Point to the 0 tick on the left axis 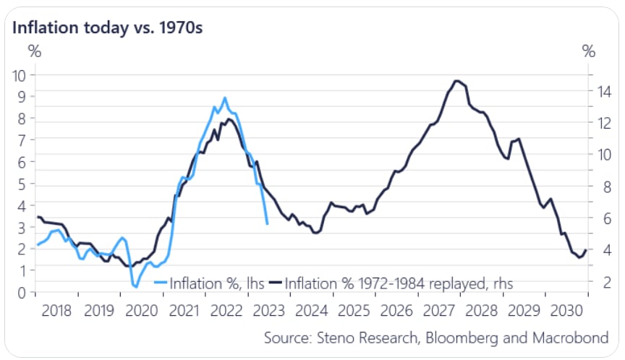pos(22,292)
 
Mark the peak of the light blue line pos(225,98)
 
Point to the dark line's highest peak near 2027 pos(456,80)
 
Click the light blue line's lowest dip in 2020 pos(135,288)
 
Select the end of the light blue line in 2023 pos(268,224)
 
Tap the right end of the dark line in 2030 pos(586,249)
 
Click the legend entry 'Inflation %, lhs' pos(205,283)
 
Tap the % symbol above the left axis pos(34,51)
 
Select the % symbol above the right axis pos(589,51)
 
